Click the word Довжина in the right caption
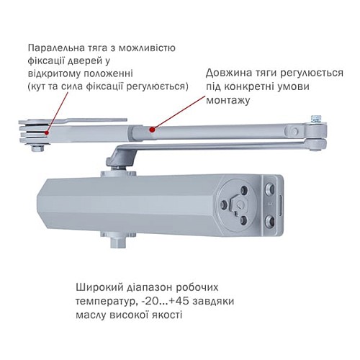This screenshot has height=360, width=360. click(228, 73)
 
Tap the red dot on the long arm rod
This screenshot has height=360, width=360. click(151, 130)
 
